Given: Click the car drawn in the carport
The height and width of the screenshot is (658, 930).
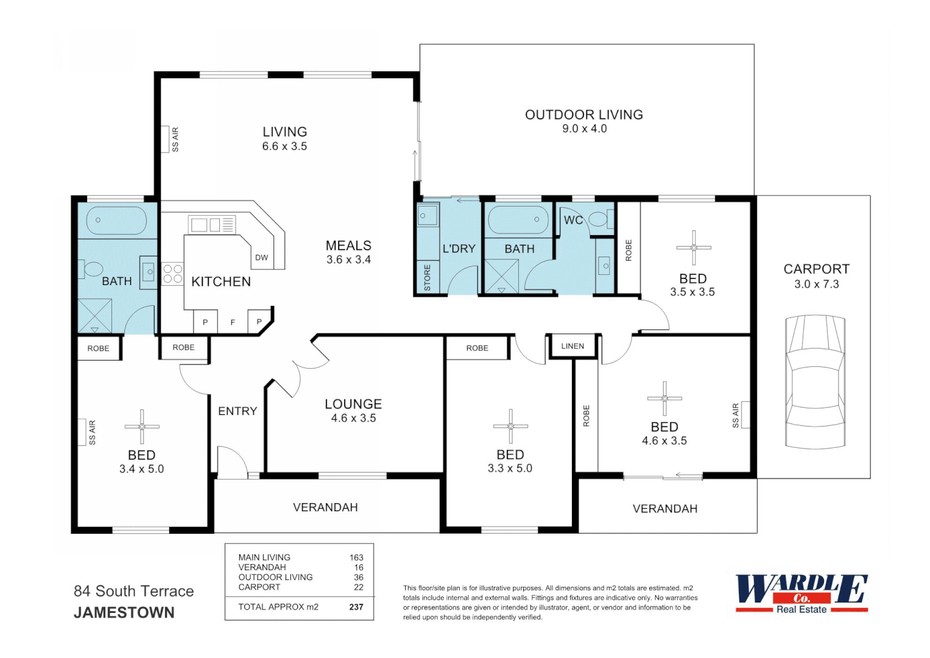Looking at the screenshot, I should click(816, 382).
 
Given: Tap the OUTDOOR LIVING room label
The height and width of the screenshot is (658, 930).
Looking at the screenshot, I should click(583, 115).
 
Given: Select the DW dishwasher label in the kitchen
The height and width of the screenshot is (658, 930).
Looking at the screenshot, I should click(261, 258).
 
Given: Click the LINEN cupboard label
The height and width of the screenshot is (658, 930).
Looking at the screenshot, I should click(572, 346).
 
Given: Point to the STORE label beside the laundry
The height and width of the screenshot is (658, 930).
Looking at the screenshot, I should click(428, 278).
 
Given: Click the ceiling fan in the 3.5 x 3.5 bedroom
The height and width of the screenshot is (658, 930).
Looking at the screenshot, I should click(694, 247).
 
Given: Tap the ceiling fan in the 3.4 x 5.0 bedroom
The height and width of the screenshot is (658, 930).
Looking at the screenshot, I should click(142, 426).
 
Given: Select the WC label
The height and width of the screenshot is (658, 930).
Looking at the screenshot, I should click(572, 220).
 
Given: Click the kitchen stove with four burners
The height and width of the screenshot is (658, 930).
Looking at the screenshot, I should click(172, 274).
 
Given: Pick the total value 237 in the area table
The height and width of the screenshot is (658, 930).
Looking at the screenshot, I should click(356, 607).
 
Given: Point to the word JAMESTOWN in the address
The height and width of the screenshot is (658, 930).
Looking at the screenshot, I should click(124, 613).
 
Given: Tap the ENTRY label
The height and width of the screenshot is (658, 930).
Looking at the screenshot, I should click(238, 411).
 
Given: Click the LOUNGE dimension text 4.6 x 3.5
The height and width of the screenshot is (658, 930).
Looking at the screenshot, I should click(353, 419).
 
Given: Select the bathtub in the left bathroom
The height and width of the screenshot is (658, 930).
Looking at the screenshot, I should click(116, 221).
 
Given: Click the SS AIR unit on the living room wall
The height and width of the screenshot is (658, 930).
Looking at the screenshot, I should click(165, 140).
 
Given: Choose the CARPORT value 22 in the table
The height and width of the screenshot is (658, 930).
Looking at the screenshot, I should click(358, 587).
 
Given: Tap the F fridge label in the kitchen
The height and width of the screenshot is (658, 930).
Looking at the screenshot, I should click(233, 322).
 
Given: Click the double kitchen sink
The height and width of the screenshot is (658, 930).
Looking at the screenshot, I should click(205, 225).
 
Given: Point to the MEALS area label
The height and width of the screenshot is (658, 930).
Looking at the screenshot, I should click(348, 246).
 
